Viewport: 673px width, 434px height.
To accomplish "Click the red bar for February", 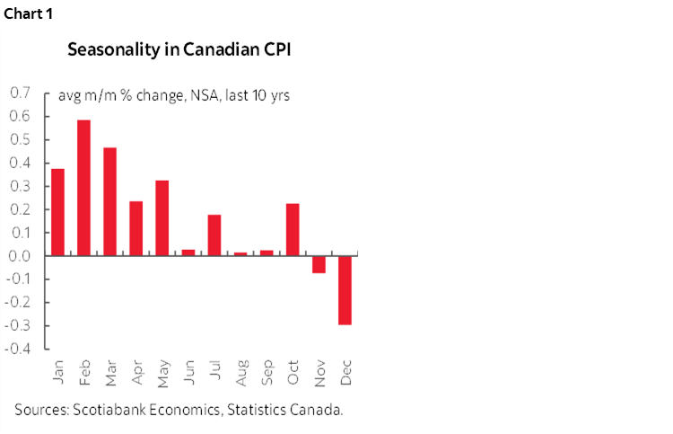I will (x=83, y=188).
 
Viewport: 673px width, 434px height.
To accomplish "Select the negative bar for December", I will (x=345, y=290).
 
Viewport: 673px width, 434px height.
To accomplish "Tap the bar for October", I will (x=293, y=230).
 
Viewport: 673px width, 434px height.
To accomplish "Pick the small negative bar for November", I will (x=319, y=264).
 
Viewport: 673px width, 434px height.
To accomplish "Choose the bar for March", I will (x=109, y=201).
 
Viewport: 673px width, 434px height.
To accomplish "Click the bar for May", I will (x=162, y=218).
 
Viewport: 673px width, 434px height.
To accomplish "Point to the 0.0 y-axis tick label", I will (x=19, y=256).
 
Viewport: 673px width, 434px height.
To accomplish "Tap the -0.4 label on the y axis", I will (x=17, y=349).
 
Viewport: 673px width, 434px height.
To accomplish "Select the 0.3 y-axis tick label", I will (x=19, y=186).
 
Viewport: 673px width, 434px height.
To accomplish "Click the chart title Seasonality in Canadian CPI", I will (x=179, y=49).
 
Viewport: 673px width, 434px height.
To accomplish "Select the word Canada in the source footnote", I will (x=319, y=410).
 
